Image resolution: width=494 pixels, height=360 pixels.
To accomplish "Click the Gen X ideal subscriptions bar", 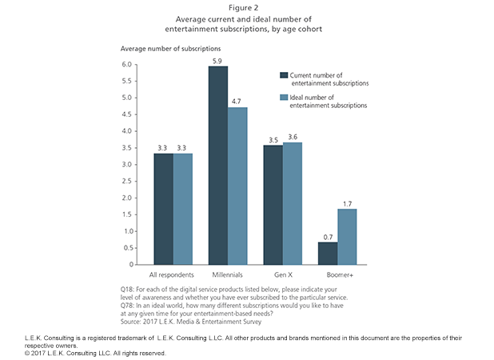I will point(293,203).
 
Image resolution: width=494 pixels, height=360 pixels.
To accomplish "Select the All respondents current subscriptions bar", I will point(164,209).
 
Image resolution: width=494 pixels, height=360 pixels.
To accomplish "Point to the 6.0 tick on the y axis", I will point(127,64).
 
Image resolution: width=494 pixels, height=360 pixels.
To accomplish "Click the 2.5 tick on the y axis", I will point(127,181).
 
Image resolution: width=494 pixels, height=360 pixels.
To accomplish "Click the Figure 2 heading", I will point(247,7).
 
